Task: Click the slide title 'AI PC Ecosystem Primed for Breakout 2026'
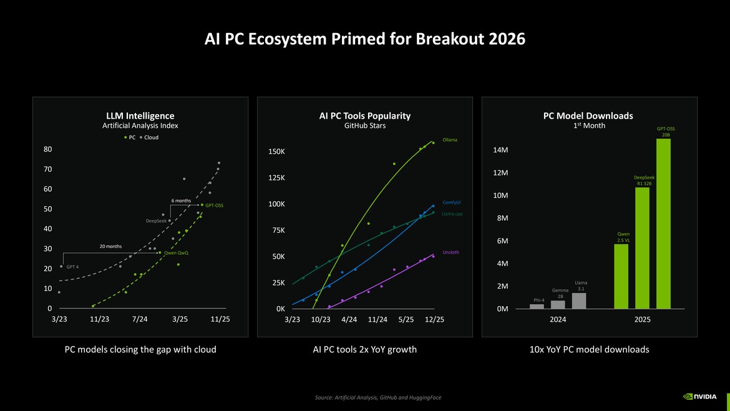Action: click(x=365, y=39)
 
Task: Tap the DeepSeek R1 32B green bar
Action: click(x=642, y=248)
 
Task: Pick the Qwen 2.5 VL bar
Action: click(x=621, y=276)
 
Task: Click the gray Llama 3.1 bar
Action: click(x=579, y=300)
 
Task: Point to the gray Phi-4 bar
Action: click(x=537, y=306)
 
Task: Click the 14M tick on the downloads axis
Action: click(x=500, y=151)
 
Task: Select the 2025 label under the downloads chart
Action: click(x=642, y=319)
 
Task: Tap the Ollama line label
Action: click(x=450, y=139)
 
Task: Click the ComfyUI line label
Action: click(x=451, y=202)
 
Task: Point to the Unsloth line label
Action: click(x=450, y=252)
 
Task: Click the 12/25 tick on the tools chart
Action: click(x=434, y=319)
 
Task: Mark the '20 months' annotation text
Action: click(x=110, y=246)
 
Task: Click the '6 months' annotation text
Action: click(x=181, y=201)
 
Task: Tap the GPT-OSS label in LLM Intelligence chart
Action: click(x=214, y=205)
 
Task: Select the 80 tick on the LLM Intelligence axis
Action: click(x=47, y=149)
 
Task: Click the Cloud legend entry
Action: click(x=149, y=137)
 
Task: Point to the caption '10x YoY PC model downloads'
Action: click(x=588, y=350)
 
